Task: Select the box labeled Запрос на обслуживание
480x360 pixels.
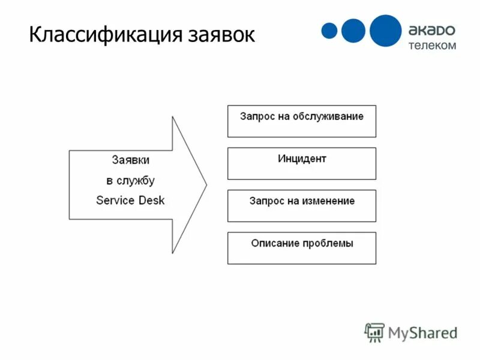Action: coord(302,121)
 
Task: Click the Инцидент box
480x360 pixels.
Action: coord(302,163)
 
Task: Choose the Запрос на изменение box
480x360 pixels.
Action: coord(302,206)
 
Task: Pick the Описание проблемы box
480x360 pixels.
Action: coord(302,248)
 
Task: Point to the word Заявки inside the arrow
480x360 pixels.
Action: coord(130,160)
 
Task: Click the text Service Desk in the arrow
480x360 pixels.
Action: coord(130,200)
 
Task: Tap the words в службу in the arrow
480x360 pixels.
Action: coord(130,180)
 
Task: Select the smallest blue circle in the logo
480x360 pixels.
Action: coord(329,31)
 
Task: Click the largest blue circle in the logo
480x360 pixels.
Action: coord(385,31)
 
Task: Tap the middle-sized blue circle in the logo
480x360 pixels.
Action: coord(353,31)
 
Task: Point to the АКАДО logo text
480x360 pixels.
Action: coord(431,30)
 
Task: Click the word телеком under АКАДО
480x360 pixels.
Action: coord(431,46)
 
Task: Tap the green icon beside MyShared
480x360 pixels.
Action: coord(374,332)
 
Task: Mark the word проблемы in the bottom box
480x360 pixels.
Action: coord(327,244)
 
